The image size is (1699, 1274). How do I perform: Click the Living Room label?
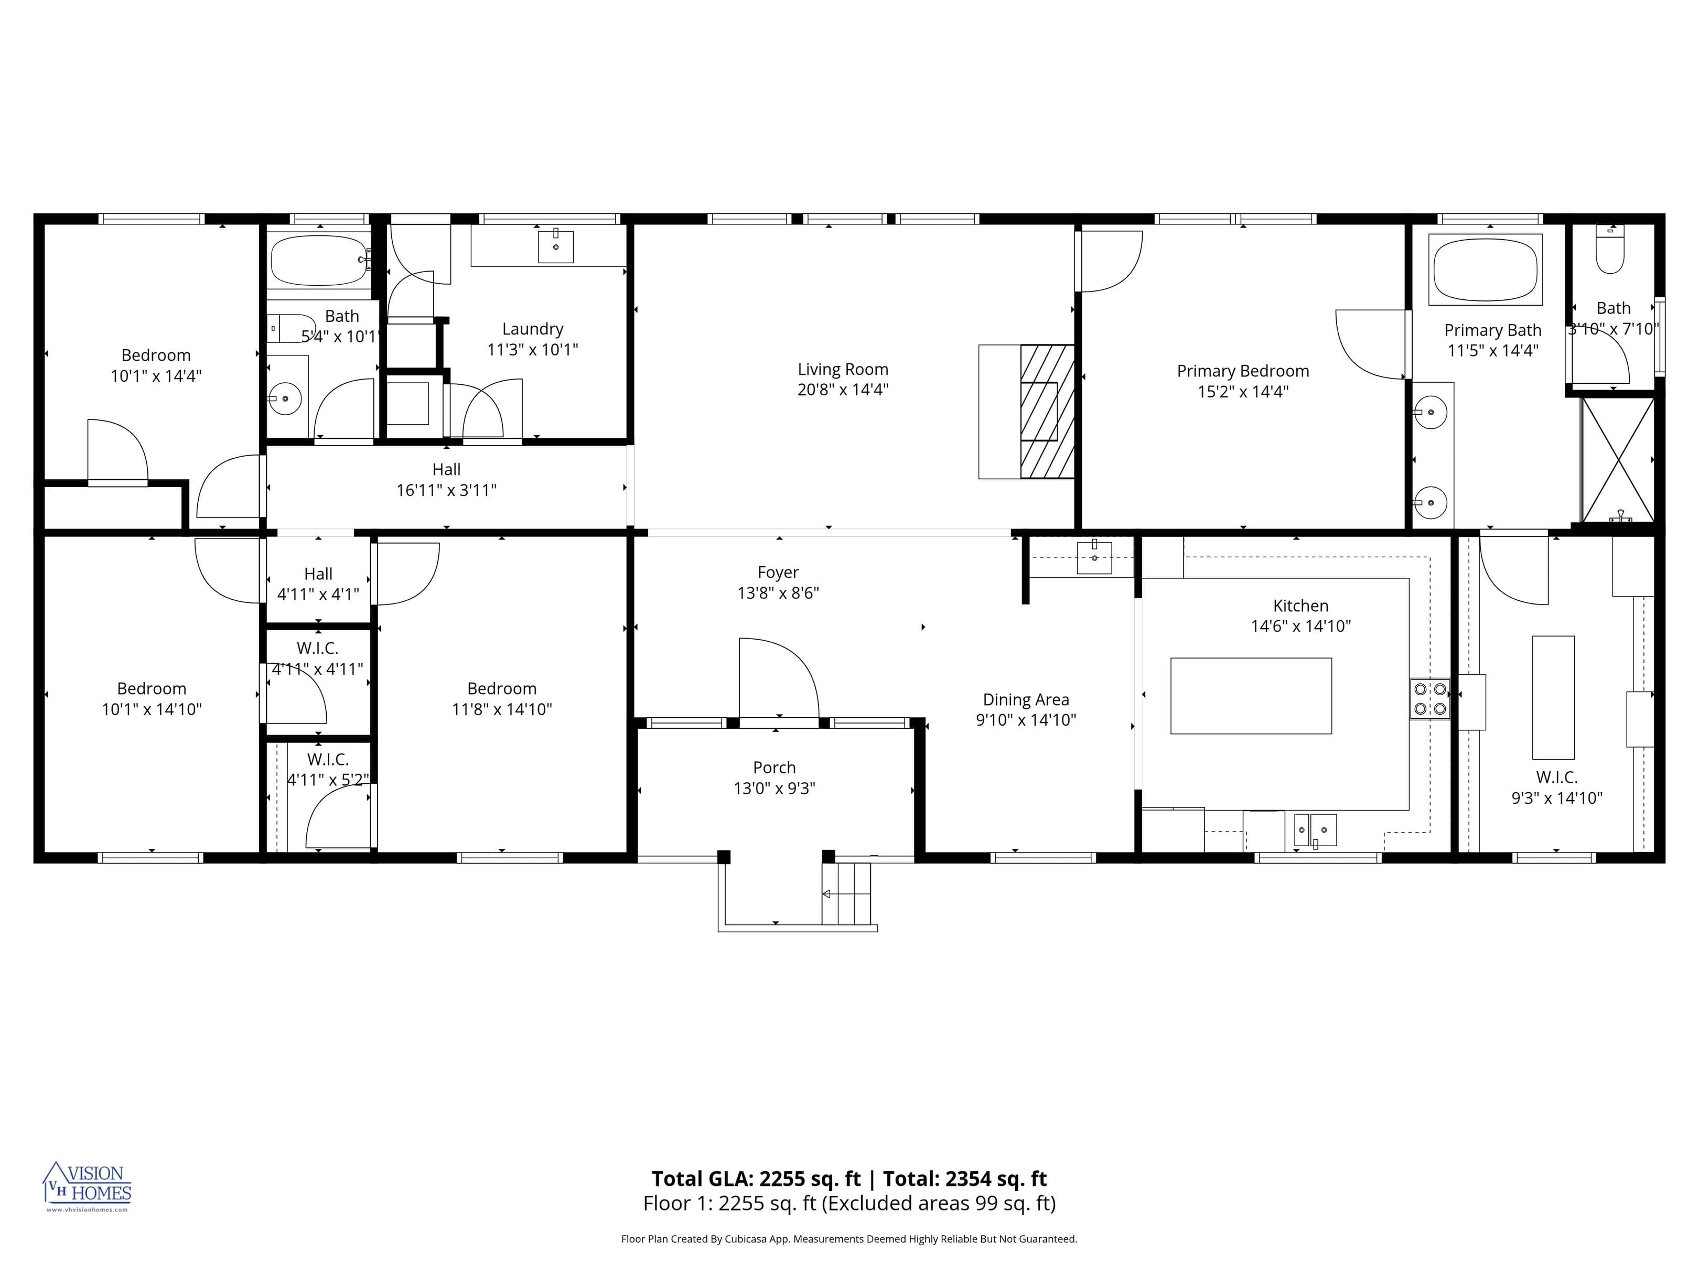pyautogui.click(x=843, y=370)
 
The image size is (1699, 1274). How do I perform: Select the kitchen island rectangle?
pyautogui.click(x=1251, y=696)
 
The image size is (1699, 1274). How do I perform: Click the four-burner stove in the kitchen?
pyautogui.click(x=1429, y=699)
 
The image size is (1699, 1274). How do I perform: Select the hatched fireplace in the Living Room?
pyautogui.click(x=1046, y=412)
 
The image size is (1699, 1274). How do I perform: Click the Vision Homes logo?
pyautogui.click(x=87, y=1186)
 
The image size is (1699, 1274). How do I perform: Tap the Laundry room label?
pyautogui.click(x=532, y=329)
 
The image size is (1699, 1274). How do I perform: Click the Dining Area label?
pyautogui.click(x=1025, y=699)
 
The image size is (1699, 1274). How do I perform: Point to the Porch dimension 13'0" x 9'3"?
pyautogui.click(x=774, y=788)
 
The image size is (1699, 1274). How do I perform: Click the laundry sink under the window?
pyautogui.click(x=555, y=246)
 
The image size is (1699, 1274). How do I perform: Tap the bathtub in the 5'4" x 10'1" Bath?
pyautogui.click(x=319, y=261)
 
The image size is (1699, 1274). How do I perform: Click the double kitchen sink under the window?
pyautogui.click(x=1315, y=830)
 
